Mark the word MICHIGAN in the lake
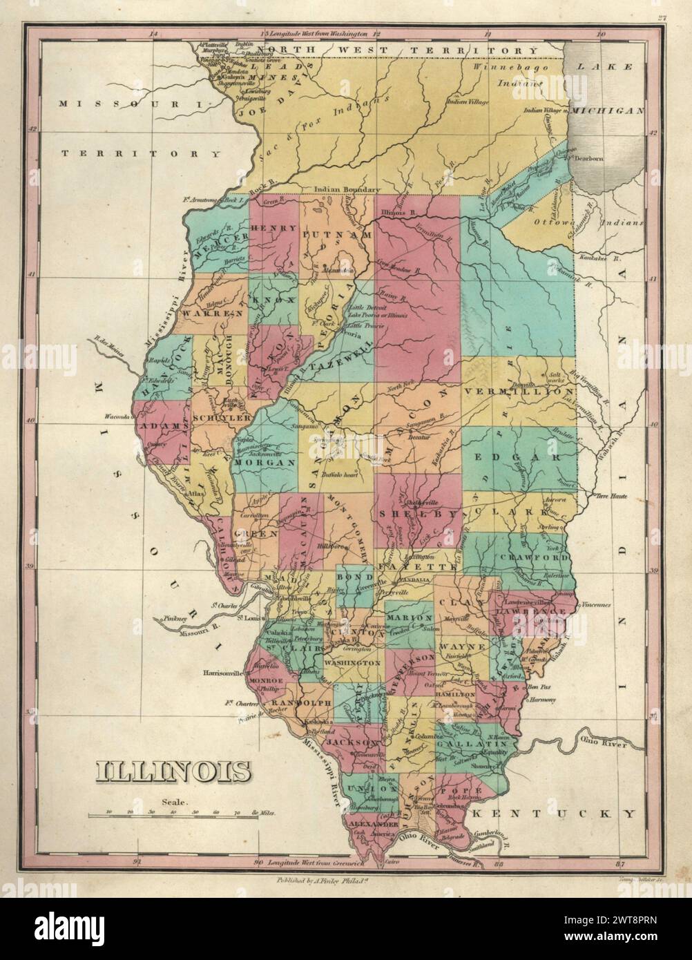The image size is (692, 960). pyautogui.click(x=611, y=111)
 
